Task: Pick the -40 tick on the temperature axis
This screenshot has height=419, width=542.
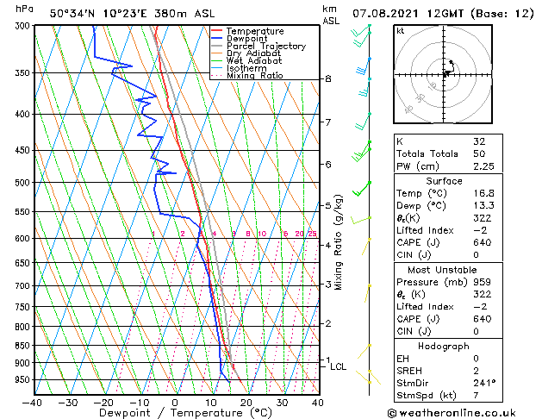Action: point(32,402)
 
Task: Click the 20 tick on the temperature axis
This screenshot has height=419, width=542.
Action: point(246,402)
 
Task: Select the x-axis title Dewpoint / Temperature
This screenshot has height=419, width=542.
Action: point(175,414)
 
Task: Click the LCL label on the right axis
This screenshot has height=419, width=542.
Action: point(339,366)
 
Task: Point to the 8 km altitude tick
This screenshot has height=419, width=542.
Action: point(327,78)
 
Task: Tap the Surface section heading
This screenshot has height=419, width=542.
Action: point(445,181)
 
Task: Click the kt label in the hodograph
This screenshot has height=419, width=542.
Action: point(401,31)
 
